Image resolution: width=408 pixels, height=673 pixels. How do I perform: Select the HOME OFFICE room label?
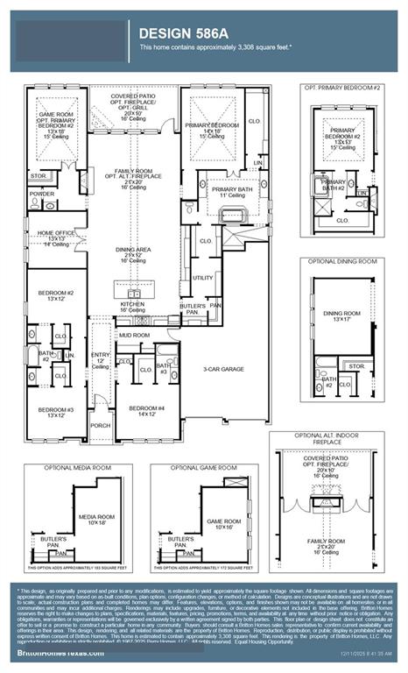click(x=56, y=236)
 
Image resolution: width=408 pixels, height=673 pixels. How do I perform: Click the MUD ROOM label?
click(x=135, y=335)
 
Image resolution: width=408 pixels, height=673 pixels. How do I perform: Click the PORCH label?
click(x=101, y=426)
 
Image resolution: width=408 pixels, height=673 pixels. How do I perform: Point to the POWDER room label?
click(x=41, y=195)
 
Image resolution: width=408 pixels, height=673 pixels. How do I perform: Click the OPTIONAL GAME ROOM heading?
click(x=203, y=468)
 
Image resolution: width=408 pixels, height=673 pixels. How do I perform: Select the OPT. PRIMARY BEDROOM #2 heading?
click(x=341, y=89)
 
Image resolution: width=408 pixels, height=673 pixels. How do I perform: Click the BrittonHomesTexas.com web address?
click(x=55, y=655)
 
